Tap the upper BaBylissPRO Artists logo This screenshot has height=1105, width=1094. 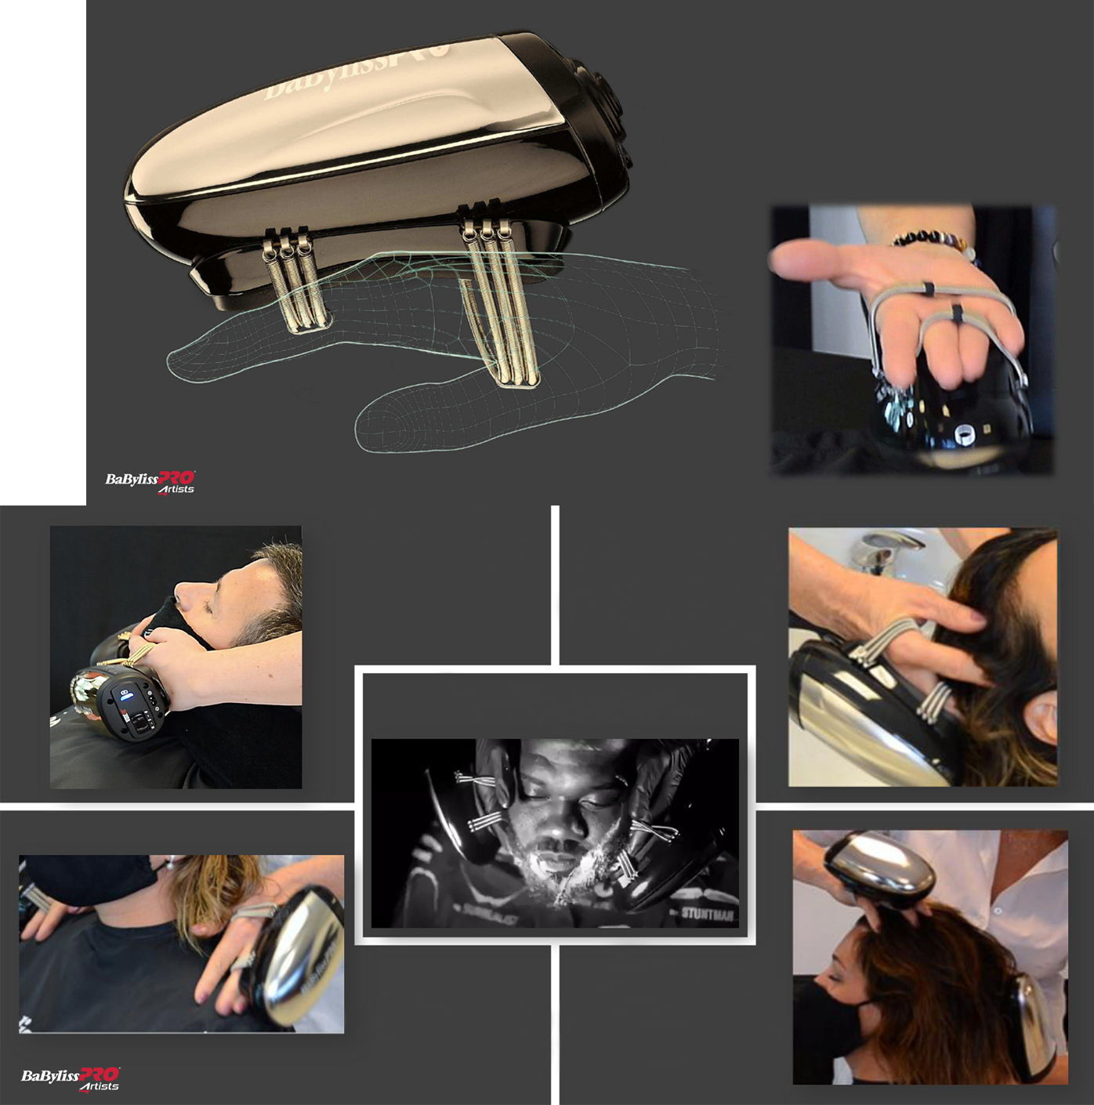pyautogui.click(x=150, y=482)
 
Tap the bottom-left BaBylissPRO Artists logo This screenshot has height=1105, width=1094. pyautogui.click(x=71, y=1078)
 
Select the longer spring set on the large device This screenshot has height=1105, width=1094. pyautogui.click(x=502, y=302)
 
